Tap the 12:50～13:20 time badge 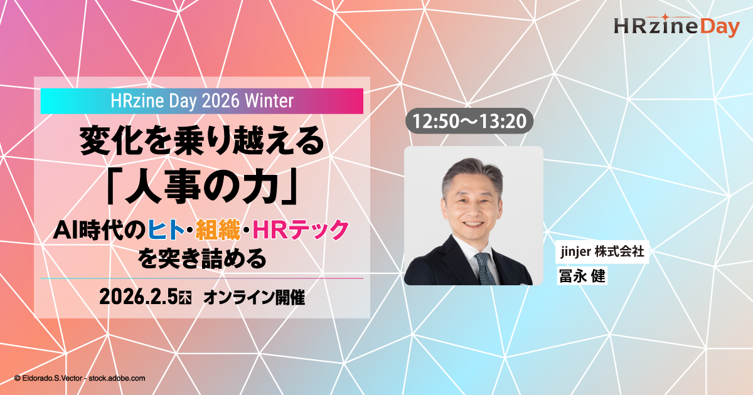click(x=470, y=122)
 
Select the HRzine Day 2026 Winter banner click(x=201, y=101)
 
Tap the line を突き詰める click(x=201, y=258)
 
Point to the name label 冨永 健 click(x=582, y=276)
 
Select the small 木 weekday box click(x=185, y=299)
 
